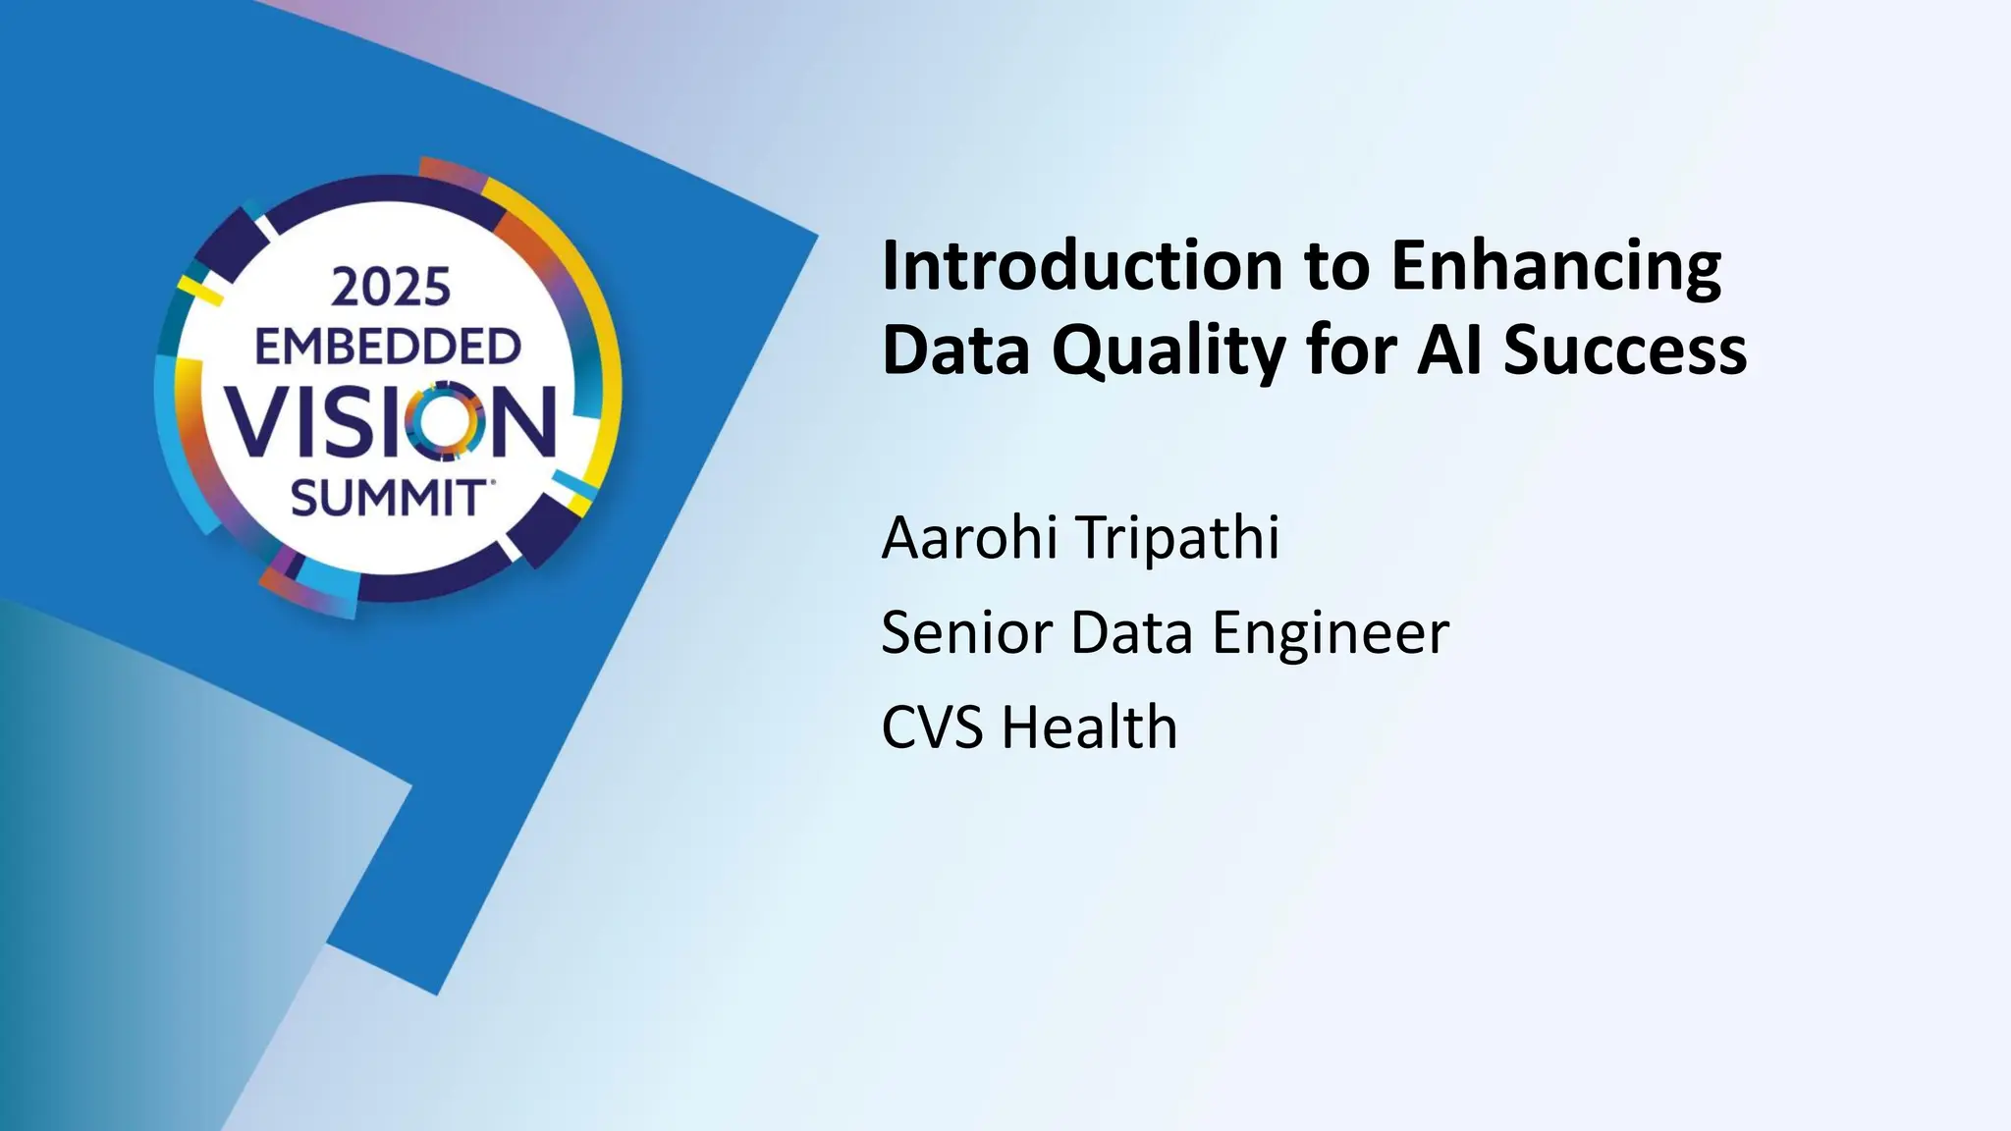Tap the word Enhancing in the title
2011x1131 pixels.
(x=1555, y=267)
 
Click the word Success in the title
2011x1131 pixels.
(x=1625, y=351)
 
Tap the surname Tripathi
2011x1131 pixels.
(x=1178, y=538)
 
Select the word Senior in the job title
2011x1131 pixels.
(x=966, y=632)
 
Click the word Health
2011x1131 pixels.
(x=1089, y=727)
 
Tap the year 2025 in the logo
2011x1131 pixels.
(x=391, y=288)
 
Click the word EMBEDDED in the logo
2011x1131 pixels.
(x=388, y=348)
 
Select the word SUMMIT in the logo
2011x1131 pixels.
(x=387, y=500)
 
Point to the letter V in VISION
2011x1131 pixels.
(x=259, y=422)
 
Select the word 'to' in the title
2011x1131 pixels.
(x=1335, y=267)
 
